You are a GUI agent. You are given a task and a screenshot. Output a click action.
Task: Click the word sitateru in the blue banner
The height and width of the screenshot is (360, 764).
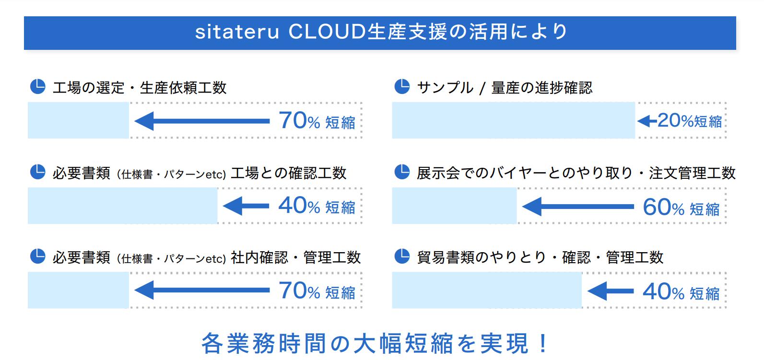pos(237,32)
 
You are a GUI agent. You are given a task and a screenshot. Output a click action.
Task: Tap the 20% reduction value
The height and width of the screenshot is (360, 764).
pos(675,120)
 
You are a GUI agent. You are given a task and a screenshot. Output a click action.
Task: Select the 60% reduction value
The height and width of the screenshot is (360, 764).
pos(663,207)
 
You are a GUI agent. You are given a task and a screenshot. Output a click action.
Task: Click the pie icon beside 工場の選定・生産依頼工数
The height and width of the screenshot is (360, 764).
pos(37,87)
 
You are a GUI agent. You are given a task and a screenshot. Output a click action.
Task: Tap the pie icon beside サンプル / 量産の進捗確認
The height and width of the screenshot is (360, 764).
pos(402,87)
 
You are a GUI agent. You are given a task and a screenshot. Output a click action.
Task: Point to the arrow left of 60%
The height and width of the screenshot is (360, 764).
pos(578,207)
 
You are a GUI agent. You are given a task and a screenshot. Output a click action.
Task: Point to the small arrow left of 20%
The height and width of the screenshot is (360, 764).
pos(647,121)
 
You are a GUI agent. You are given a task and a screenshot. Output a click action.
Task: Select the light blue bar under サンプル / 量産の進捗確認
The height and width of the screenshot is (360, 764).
pos(513,120)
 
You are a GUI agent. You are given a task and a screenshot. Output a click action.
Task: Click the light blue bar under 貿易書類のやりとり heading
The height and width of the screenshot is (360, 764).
pos(487,290)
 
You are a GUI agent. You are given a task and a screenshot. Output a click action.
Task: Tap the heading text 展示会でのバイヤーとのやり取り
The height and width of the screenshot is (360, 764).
pos(525,173)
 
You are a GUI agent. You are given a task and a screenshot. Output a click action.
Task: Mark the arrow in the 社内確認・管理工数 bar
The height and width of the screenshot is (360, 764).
pos(202,290)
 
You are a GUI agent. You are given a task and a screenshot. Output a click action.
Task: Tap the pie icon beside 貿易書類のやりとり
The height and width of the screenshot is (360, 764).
pos(402,256)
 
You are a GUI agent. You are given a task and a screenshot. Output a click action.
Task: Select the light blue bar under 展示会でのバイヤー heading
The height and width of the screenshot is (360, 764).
pos(454,206)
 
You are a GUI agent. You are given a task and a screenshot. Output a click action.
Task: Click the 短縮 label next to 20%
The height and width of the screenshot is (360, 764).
pos(708,122)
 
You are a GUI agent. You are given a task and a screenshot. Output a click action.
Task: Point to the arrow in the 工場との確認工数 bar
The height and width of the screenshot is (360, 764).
pos(246,206)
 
